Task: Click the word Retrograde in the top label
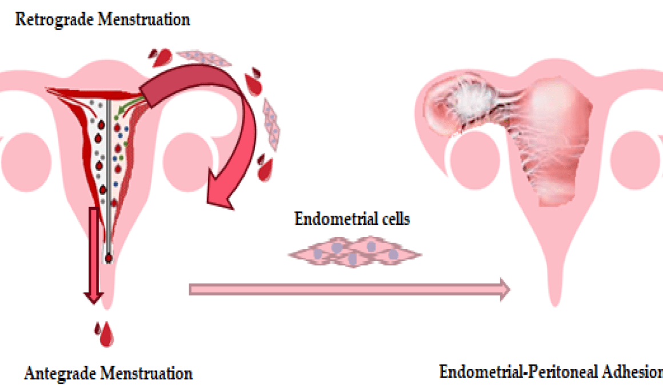click(54, 19)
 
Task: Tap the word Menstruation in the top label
click(144, 19)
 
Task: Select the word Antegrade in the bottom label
click(61, 374)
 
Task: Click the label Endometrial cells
click(352, 219)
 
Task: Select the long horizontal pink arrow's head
click(505, 289)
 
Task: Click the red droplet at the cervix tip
click(109, 258)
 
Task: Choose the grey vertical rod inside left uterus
click(109, 178)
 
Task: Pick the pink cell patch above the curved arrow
click(203, 58)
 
